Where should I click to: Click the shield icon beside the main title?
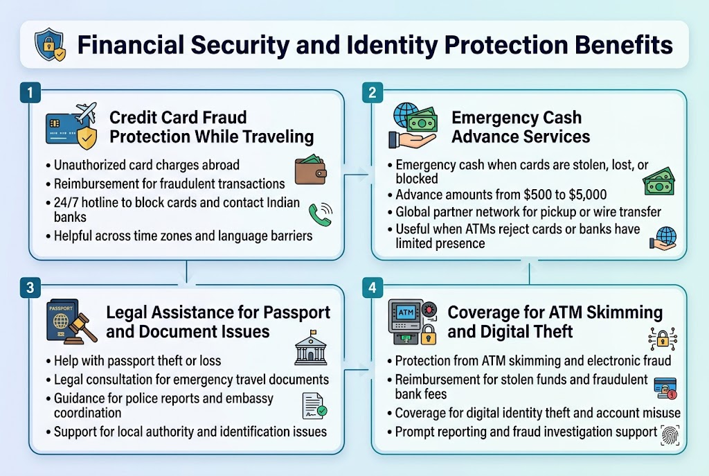(x=51, y=45)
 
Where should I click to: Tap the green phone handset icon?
(x=319, y=214)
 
